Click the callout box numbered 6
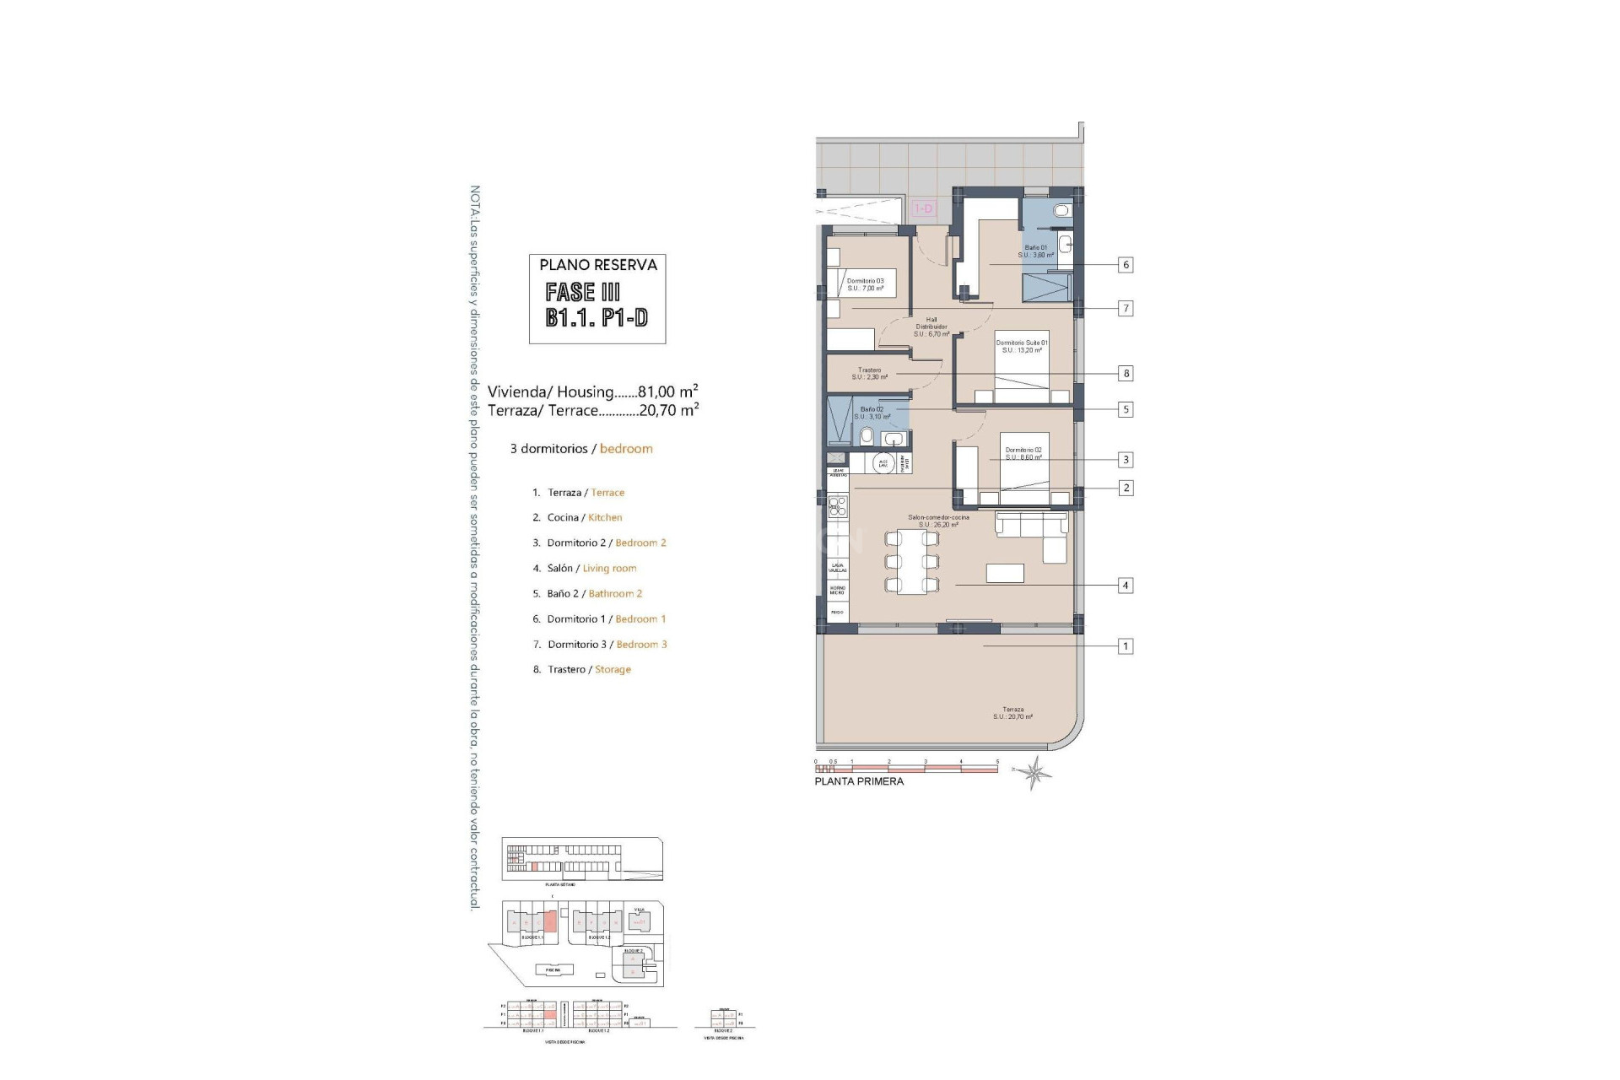(1125, 265)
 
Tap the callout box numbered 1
(1125, 646)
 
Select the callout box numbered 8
(1126, 373)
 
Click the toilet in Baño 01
(1063, 210)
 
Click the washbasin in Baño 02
(893, 438)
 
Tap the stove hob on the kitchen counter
(837, 506)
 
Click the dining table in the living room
(911, 561)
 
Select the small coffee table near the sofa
(1005, 573)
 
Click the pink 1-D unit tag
(925, 208)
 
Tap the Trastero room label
(869, 374)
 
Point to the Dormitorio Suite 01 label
(1022, 346)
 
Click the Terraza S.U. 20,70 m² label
(1012, 713)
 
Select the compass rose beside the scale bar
(1034, 771)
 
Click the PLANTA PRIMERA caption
(859, 781)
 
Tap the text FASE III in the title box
(583, 292)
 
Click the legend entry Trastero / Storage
(582, 669)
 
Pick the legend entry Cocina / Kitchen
(577, 517)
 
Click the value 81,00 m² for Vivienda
(667, 391)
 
